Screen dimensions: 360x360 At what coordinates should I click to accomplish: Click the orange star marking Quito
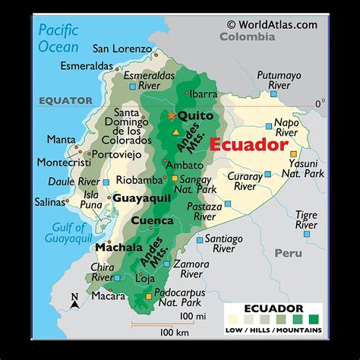click(172, 115)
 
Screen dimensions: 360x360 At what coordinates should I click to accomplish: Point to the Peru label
click(288, 252)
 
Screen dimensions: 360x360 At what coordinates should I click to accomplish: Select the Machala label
click(118, 248)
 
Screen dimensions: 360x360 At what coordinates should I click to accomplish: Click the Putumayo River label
click(279, 81)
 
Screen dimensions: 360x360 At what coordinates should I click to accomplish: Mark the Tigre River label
click(306, 220)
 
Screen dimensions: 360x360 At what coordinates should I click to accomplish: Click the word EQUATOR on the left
click(66, 100)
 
